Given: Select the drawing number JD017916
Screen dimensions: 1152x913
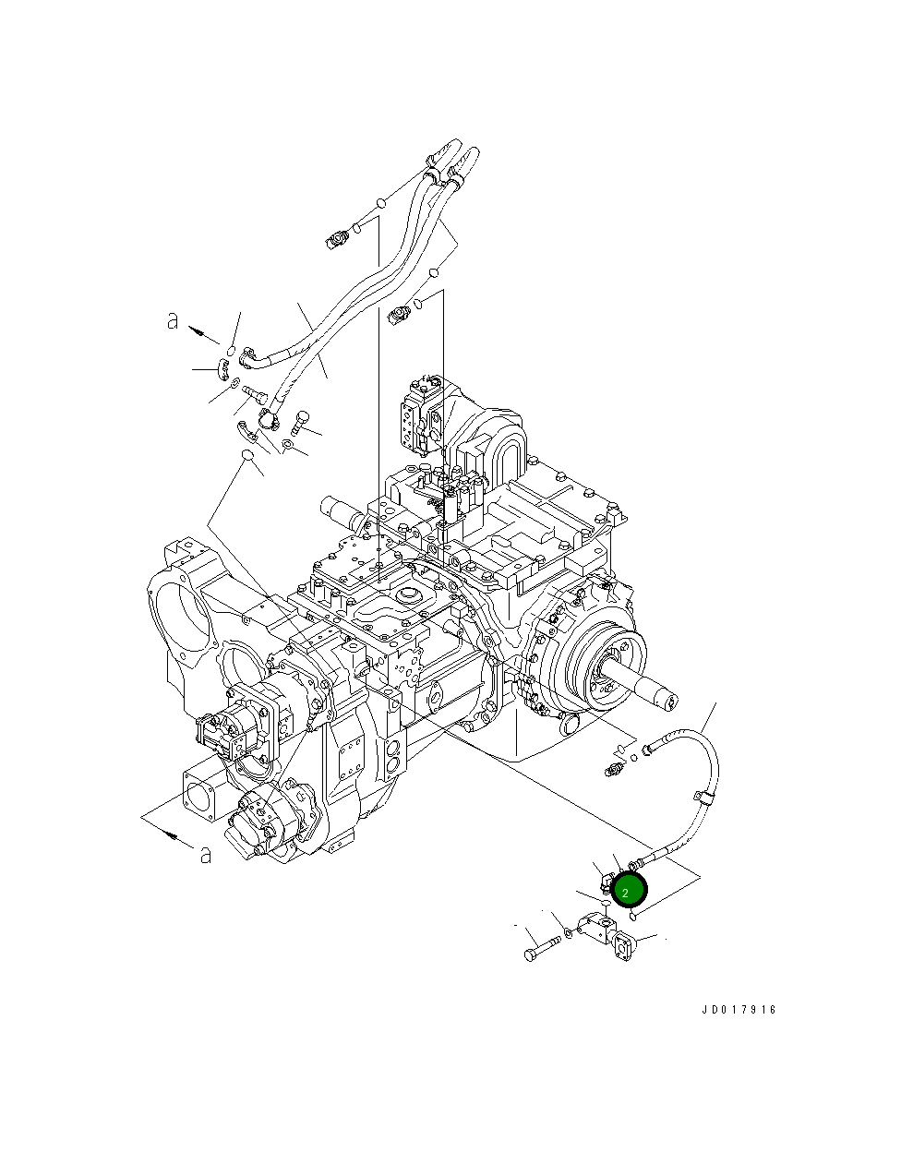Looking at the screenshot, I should click(738, 1009).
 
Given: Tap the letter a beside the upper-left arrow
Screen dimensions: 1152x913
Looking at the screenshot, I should click(173, 321).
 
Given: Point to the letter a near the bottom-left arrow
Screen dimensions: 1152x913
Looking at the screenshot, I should click(205, 854).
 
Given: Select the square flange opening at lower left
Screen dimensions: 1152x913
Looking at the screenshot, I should click(201, 790).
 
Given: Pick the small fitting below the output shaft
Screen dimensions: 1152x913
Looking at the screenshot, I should click(614, 766).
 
